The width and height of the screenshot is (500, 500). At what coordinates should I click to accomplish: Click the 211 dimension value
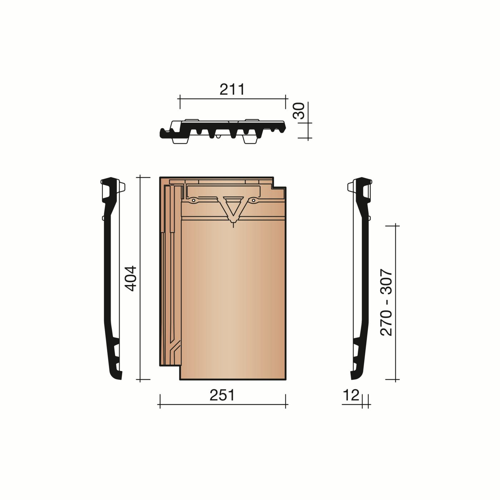tap(232, 89)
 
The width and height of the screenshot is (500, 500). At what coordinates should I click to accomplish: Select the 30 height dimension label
tap(299, 111)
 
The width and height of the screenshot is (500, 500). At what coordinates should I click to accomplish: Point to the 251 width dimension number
tap(222, 395)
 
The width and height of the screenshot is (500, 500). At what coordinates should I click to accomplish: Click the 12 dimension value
tap(351, 395)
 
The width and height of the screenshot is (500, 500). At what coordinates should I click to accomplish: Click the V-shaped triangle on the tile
tap(233, 206)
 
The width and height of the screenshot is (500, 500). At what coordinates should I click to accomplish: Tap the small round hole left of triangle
tap(193, 201)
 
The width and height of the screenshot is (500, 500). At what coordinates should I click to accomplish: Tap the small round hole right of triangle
tap(253, 201)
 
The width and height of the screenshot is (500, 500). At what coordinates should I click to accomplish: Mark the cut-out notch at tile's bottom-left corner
tap(170, 372)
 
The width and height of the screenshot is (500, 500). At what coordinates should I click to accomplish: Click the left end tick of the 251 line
tap(160, 401)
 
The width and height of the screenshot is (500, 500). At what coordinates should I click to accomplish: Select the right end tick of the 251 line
tap(286, 401)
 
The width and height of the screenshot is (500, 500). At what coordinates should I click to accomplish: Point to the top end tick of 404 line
tap(140, 176)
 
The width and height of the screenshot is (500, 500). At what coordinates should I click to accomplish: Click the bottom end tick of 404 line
tap(140, 380)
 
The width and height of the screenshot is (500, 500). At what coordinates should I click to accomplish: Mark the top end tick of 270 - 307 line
tap(396, 226)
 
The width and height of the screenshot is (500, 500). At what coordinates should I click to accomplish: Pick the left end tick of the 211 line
tap(180, 102)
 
